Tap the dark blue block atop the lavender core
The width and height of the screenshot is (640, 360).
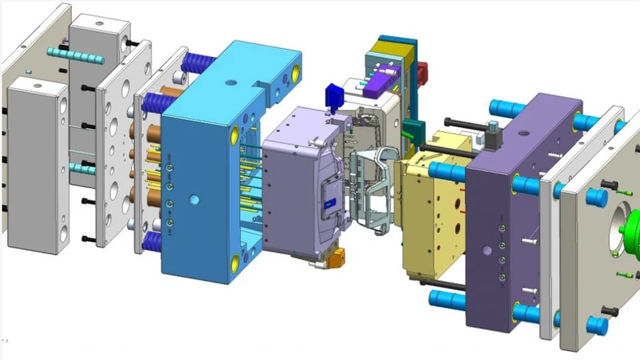tap(331, 94)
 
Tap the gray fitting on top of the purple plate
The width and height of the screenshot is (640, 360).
tap(492, 130)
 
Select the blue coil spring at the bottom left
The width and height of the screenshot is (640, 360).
tap(151, 241)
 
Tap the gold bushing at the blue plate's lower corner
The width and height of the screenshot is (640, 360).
tap(237, 261)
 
